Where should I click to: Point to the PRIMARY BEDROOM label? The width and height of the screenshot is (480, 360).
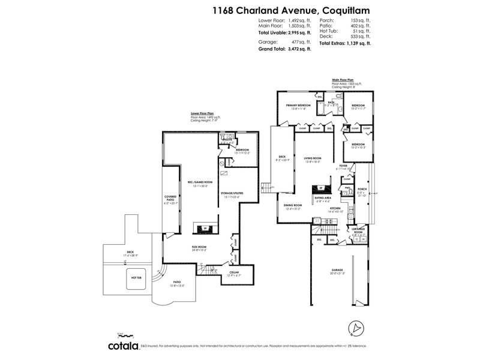[293, 106]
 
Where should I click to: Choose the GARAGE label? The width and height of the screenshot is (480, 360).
[337, 270]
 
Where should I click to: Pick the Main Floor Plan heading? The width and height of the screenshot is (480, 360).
[343, 79]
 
